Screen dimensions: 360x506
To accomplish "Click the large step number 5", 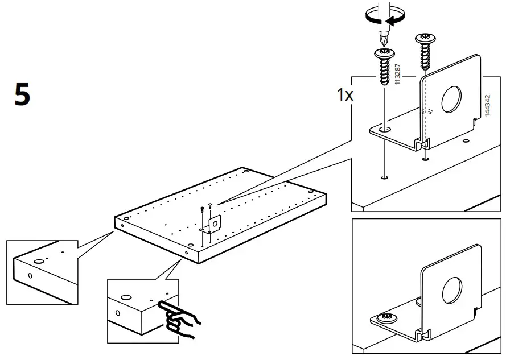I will (22, 94).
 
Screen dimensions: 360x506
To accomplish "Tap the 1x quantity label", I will (345, 95).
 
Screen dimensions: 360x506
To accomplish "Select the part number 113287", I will (397, 75).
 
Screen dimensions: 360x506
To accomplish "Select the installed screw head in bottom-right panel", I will (387, 316).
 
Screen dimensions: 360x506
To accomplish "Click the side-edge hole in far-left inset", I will (30, 276).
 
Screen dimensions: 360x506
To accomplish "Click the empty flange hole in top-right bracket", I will (385, 130).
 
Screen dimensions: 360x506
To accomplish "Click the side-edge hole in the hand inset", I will (118, 313).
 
